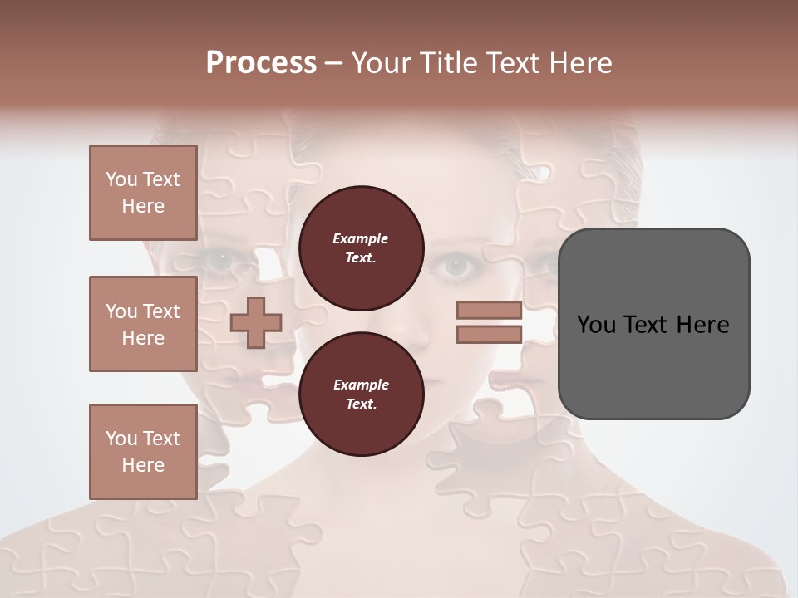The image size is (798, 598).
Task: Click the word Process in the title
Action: (261, 63)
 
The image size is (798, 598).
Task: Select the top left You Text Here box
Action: (143, 193)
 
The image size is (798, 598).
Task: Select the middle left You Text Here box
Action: (143, 324)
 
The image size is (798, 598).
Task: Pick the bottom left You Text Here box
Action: (143, 452)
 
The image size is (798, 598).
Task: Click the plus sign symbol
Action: (256, 323)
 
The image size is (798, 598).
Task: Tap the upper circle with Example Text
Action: (361, 248)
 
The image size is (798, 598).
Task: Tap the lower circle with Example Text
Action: (361, 395)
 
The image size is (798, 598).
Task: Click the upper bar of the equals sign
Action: (490, 311)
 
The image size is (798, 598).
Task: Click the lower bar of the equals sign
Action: (490, 335)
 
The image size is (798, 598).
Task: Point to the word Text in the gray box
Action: (646, 325)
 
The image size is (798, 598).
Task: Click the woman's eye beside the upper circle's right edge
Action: (456, 266)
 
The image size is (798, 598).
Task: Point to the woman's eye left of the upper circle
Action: (221, 260)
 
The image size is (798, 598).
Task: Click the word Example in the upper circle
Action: (361, 239)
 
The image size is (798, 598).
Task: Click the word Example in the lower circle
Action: (361, 385)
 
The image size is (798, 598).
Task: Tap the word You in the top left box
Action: (121, 180)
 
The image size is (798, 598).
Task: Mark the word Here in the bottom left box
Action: (143, 465)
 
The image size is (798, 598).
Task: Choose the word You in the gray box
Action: (596, 325)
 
